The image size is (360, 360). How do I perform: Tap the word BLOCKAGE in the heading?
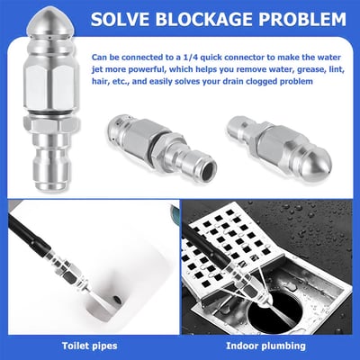[220, 18]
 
